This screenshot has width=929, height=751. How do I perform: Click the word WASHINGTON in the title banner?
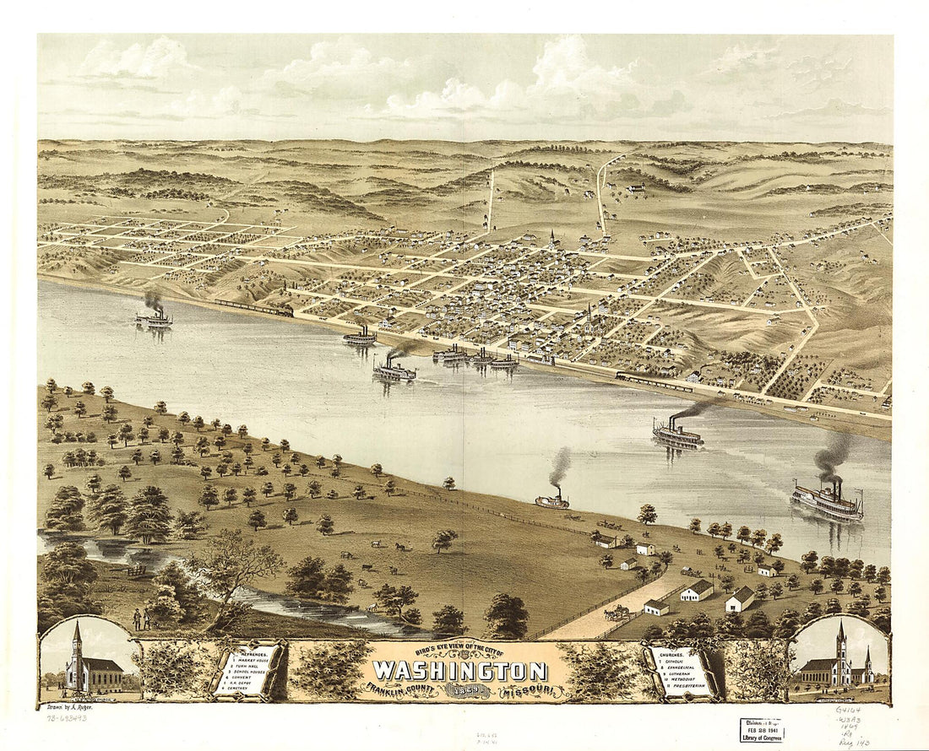[x=459, y=671]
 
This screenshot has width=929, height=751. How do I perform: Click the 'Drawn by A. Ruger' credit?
[x=68, y=707]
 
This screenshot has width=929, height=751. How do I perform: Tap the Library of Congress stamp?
[x=761, y=731]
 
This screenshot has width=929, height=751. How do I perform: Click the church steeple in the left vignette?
[x=78, y=638]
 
